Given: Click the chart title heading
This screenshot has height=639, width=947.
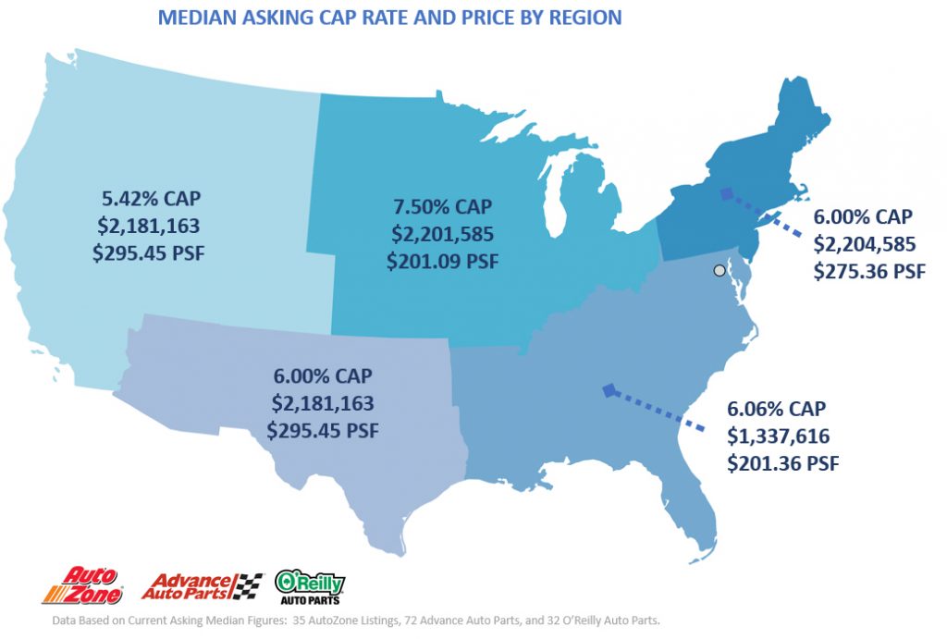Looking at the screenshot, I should pyautogui.click(x=389, y=18).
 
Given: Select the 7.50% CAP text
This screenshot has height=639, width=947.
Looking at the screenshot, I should pyautogui.click(x=441, y=204).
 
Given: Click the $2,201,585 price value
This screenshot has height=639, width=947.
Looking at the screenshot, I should pyautogui.click(x=441, y=232).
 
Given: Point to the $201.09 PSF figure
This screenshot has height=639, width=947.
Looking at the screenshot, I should pyautogui.click(x=441, y=260).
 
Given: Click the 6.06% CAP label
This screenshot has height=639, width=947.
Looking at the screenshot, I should pyautogui.click(x=777, y=408).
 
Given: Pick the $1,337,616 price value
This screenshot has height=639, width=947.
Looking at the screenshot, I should pyautogui.click(x=777, y=436).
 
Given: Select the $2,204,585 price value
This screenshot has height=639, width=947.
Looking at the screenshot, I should pyautogui.click(x=864, y=244).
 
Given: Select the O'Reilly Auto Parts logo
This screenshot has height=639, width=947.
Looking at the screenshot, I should pyautogui.click(x=310, y=585).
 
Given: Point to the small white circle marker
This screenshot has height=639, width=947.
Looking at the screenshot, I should pyautogui.click(x=719, y=270).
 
